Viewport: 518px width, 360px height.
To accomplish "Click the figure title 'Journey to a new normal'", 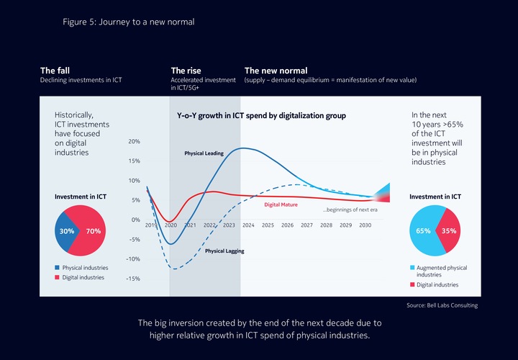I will coord(129,22).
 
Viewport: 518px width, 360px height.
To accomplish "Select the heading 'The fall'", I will coord(55,71).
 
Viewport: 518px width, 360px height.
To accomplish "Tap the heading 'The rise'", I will coord(186,71).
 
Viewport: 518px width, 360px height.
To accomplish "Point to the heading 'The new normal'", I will coord(276,71).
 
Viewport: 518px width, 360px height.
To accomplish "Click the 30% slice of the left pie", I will coord(67,231).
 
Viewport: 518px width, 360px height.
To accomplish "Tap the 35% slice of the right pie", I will coord(448,231).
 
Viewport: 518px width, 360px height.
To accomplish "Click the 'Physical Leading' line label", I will coord(204,153).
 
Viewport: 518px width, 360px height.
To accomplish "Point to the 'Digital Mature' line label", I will coord(281,204).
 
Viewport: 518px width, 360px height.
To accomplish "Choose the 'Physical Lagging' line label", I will coord(224,251).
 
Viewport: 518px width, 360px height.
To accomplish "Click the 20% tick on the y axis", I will coord(134,142).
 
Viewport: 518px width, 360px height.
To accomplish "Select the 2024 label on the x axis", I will coord(248,225).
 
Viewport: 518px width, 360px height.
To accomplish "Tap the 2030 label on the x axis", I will coord(365,225).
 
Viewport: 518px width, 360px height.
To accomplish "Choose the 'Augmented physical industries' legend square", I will coord(412,268).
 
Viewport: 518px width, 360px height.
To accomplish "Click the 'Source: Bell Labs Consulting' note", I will coord(441,305).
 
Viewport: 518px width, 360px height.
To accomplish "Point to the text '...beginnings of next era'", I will coord(352,210).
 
